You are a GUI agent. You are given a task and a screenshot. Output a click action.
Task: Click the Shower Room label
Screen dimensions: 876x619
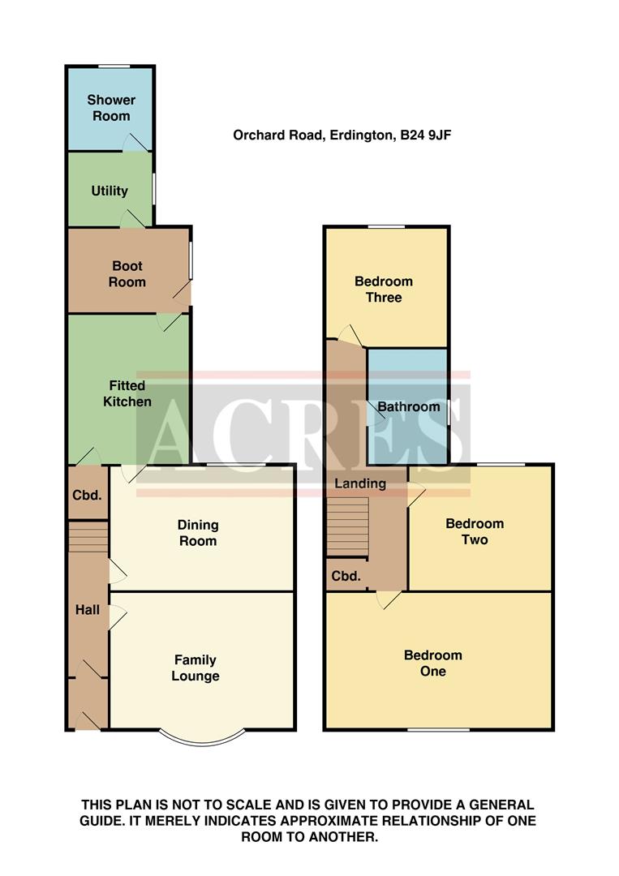[110, 108]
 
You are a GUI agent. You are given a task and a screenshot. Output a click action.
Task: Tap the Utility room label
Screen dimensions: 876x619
[110, 191]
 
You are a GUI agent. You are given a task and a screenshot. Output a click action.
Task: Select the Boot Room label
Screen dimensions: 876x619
[127, 274]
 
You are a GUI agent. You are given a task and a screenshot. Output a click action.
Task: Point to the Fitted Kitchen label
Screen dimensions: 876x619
[127, 393]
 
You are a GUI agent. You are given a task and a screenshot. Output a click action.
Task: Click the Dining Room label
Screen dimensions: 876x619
[198, 533]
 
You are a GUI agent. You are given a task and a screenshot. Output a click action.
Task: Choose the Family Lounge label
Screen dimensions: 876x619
[195, 668]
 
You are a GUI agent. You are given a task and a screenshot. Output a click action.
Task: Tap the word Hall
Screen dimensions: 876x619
[88, 609]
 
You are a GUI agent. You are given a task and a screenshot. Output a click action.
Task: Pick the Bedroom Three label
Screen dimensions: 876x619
[384, 290]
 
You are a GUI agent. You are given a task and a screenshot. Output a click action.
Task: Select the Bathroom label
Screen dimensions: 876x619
[409, 406]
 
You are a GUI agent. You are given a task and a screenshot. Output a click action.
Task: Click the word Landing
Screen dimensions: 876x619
[361, 483]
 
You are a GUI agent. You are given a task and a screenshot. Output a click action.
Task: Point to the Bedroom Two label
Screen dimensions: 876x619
[475, 531]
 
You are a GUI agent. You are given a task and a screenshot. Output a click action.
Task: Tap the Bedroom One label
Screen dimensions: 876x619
[433, 663]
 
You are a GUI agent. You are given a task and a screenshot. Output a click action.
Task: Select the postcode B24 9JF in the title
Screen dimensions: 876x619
[424, 135]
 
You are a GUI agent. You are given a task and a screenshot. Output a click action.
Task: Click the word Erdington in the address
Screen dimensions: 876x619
[358, 135]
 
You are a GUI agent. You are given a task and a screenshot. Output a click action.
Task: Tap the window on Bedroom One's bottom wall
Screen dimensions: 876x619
[438, 730]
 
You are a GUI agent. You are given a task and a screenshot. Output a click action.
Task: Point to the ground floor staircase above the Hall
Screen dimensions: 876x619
[88, 535]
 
